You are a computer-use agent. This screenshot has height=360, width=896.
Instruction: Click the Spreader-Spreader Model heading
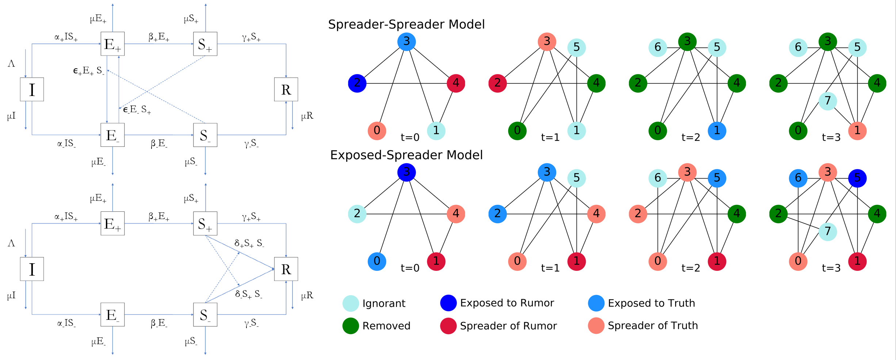click(x=406, y=24)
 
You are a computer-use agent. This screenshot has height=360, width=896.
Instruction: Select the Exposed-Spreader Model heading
click(x=406, y=155)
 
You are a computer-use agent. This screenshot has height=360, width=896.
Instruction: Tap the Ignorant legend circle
click(x=351, y=303)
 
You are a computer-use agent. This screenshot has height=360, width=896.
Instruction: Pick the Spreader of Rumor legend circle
click(x=448, y=326)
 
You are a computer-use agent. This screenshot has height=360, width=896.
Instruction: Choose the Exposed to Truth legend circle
click(x=596, y=303)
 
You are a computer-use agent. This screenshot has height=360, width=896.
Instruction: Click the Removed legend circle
click(x=351, y=326)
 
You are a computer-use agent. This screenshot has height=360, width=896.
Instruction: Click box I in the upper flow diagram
click(x=32, y=89)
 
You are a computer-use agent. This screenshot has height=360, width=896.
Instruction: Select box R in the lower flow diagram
click(x=286, y=269)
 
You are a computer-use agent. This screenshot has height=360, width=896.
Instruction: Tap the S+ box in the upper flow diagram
click(x=205, y=44)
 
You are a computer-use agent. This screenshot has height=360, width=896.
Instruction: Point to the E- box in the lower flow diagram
click(x=112, y=314)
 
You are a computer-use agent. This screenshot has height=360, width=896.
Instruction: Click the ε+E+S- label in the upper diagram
click(x=88, y=71)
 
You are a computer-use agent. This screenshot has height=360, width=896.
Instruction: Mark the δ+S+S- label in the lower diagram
click(x=249, y=244)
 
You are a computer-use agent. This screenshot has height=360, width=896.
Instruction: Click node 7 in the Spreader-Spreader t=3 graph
click(x=827, y=100)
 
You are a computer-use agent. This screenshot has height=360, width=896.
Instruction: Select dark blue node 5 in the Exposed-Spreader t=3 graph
click(x=857, y=178)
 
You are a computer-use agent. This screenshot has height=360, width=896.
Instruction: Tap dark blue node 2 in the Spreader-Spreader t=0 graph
click(x=357, y=83)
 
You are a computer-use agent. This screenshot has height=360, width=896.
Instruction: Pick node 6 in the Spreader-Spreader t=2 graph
click(x=658, y=47)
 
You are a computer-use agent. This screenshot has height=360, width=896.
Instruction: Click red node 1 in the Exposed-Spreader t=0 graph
click(x=436, y=261)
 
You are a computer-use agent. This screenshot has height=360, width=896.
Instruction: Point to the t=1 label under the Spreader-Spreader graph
click(x=550, y=138)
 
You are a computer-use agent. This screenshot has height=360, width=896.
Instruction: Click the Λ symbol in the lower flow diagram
click(x=11, y=244)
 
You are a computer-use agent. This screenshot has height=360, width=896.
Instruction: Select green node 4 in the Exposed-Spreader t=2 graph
click(x=736, y=214)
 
